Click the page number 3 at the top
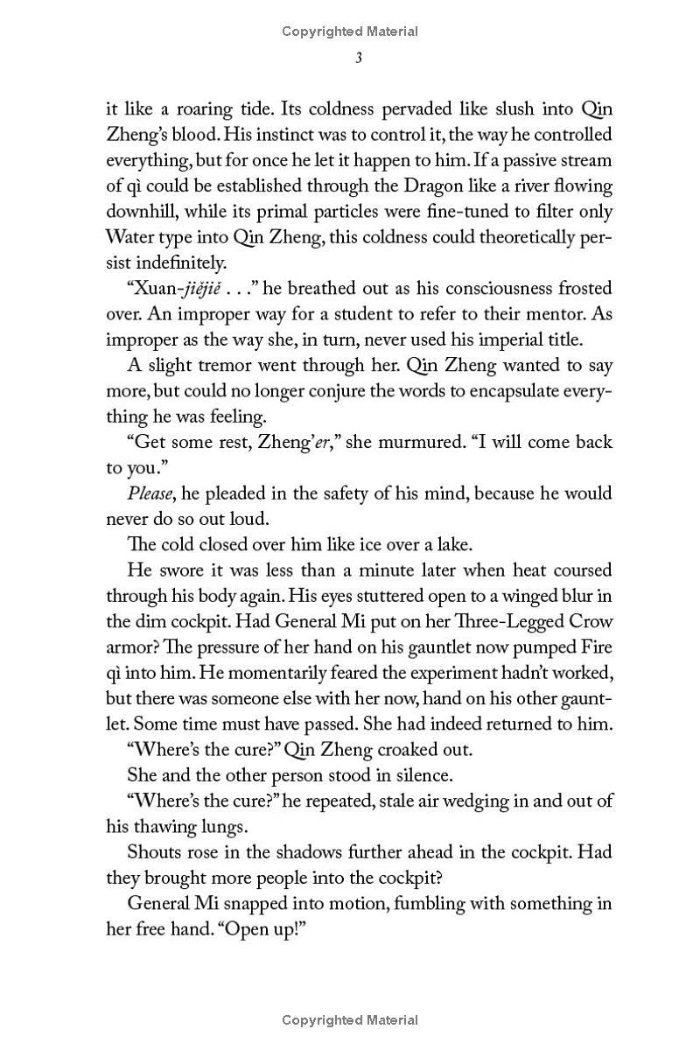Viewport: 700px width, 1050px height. pyautogui.click(x=350, y=58)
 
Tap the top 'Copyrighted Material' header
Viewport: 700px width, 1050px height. pyautogui.click(x=350, y=31)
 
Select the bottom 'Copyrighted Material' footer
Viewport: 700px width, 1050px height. pyautogui.click(x=350, y=1019)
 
